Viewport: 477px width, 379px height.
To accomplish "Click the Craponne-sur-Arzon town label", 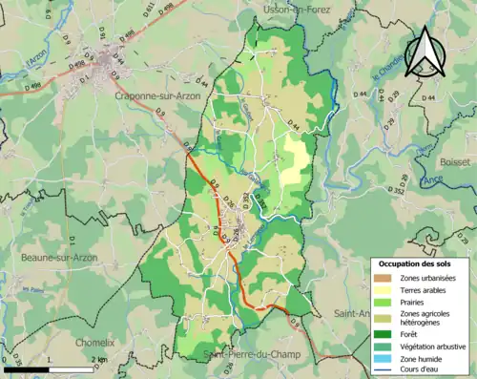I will click(158, 95).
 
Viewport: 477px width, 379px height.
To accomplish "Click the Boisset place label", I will click(456, 162).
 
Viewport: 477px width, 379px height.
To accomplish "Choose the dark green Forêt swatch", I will click(385, 334).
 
